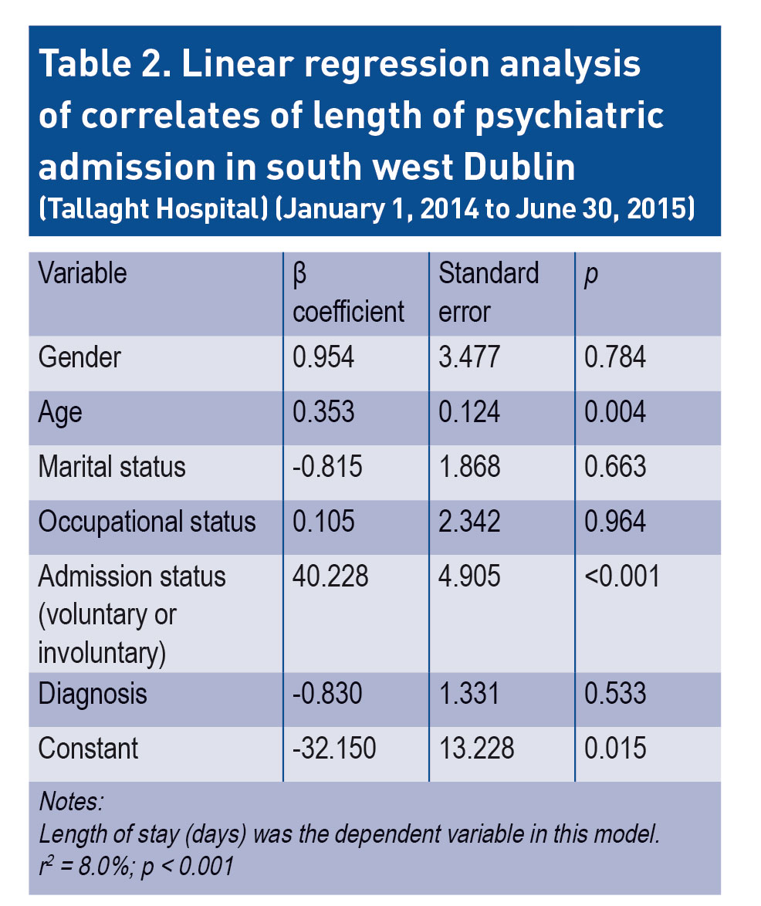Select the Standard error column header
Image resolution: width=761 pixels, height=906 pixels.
[x=489, y=292]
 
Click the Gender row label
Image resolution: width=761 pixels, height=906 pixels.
[x=79, y=358]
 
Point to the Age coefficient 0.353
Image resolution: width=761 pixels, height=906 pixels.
[x=323, y=412]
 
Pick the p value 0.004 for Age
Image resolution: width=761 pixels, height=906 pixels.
[x=615, y=412]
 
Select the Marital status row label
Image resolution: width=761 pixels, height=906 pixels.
[x=112, y=467]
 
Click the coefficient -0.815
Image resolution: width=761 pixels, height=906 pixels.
[x=327, y=467]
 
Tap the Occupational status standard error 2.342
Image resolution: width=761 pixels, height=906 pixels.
[x=469, y=522]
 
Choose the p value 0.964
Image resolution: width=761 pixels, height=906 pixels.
[x=615, y=522]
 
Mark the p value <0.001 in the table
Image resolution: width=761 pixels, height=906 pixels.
[x=622, y=576]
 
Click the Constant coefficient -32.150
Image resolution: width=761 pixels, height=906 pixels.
[x=334, y=749]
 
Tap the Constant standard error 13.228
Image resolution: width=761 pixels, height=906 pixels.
[x=476, y=749]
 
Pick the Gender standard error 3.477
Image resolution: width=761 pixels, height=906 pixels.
[x=469, y=358]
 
